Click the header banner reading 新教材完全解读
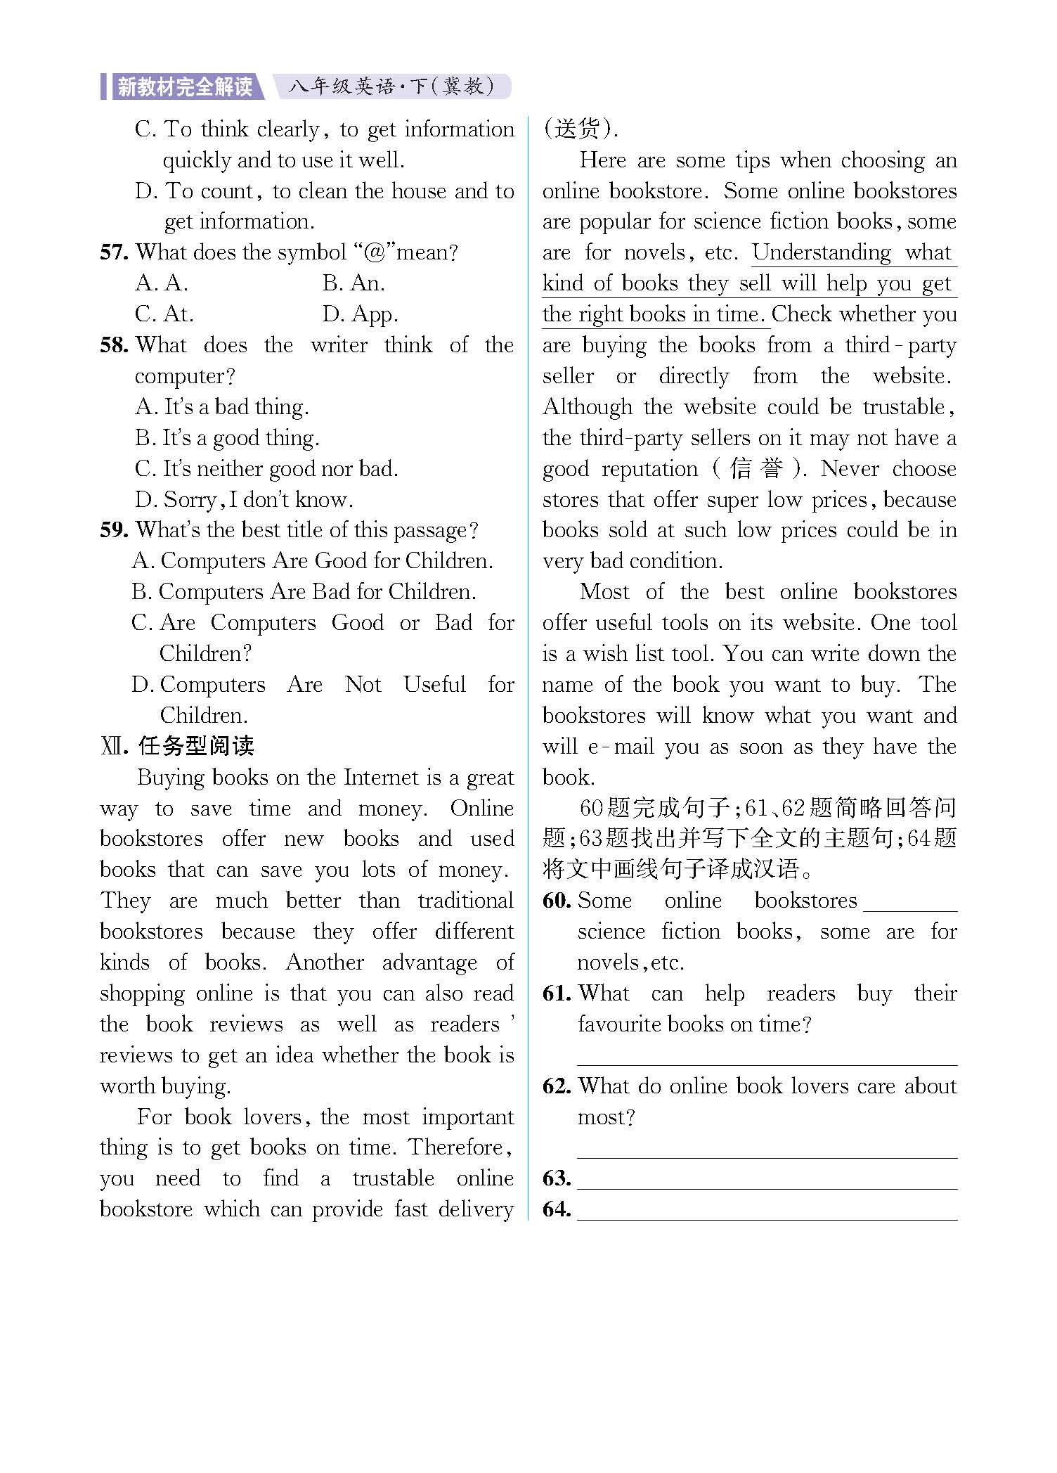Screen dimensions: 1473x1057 click(x=184, y=86)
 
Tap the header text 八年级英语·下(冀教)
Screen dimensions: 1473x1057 click(x=391, y=86)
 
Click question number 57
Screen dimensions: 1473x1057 click(x=113, y=252)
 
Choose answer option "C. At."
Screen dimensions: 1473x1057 click(x=164, y=314)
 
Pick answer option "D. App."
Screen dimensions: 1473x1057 click(x=360, y=314)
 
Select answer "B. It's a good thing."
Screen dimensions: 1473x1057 click(x=227, y=438)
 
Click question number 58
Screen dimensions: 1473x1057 click(x=113, y=345)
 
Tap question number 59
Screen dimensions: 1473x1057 click(x=113, y=530)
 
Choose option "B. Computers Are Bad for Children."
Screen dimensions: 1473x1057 click(x=304, y=592)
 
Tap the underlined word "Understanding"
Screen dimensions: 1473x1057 click(x=821, y=252)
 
